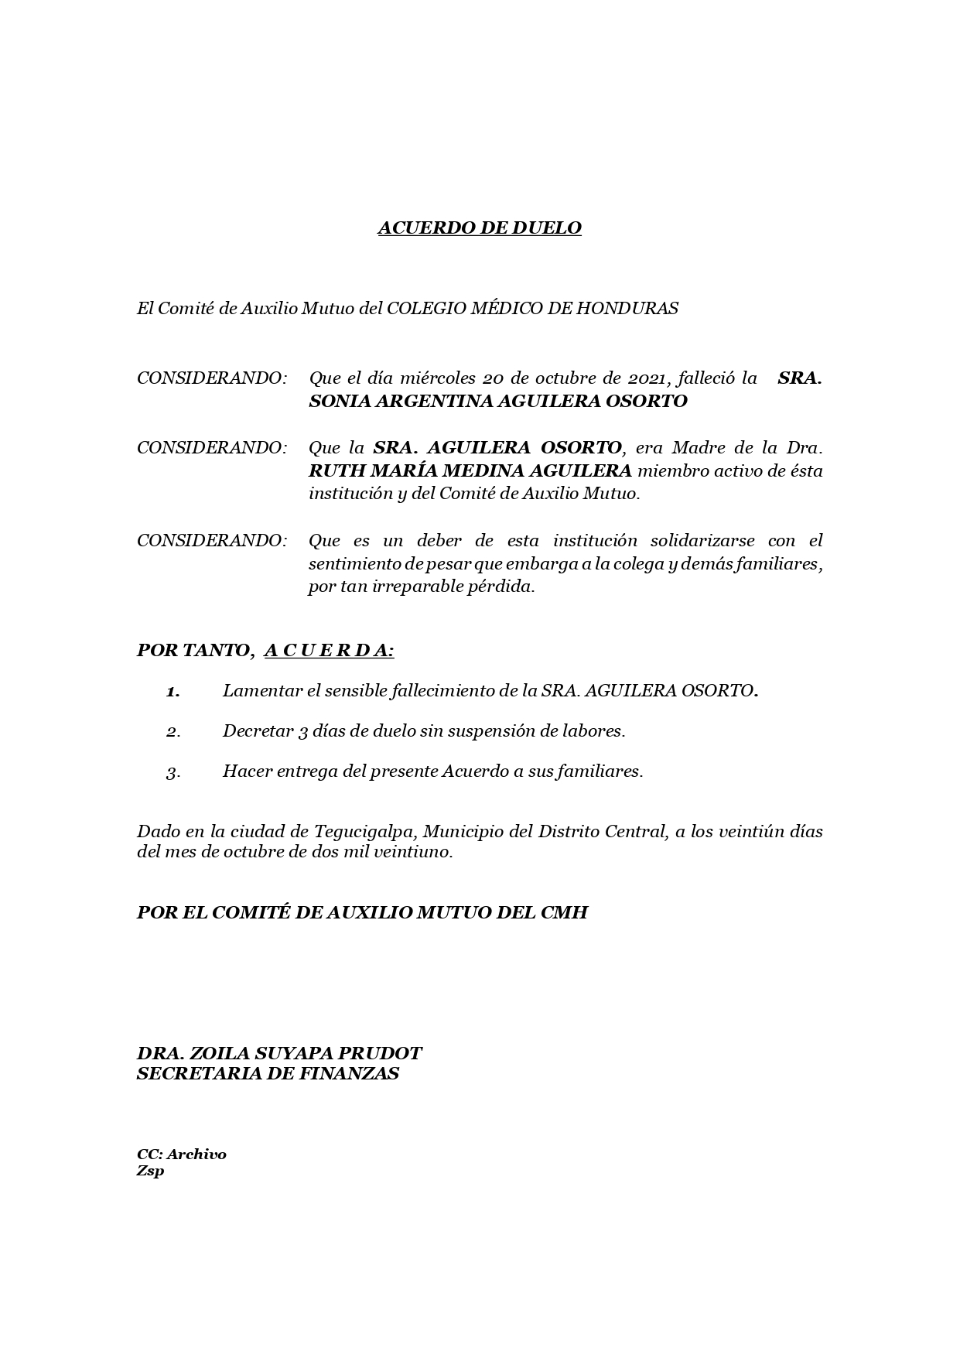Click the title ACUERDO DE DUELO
[479, 227]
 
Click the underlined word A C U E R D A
[328, 650]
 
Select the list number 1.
[173, 691]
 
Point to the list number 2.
[173, 731]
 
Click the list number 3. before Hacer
[173, 772]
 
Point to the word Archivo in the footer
[196, 1154]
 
